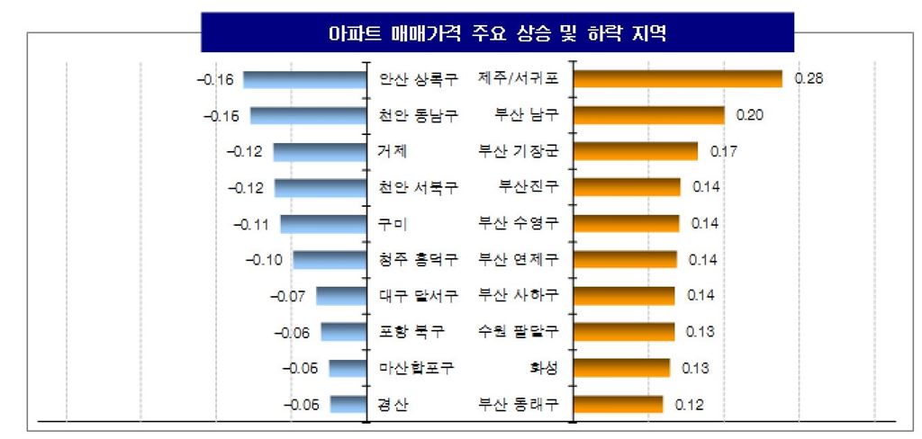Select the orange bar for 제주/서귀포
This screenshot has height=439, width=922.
click(x=677, y=79)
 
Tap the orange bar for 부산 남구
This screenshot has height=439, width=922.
click(x=648, y=115)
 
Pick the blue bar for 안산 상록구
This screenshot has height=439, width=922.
click(x=303, y=80)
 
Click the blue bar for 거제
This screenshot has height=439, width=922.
click(x=319, y=152)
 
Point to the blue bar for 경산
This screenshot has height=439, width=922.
click(x=347, y=404)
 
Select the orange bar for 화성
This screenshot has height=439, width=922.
click(x=620, y=368)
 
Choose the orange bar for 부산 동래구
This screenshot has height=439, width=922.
click(x=617, y=404)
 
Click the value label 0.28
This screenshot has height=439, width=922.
click(x=809, y=79)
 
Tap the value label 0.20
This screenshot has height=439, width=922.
click(x=750, y=115)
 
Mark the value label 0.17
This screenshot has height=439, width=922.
click(x=724, y=151)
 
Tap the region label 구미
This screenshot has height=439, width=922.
click(x=394, y=224)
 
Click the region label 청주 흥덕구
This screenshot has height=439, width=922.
click(x=419, y=260)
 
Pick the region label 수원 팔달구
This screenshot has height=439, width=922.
click(x=518, y=332)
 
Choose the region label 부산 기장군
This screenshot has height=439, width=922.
click(x=518, y=151)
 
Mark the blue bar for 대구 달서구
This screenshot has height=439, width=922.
click(x=339, y=296)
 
